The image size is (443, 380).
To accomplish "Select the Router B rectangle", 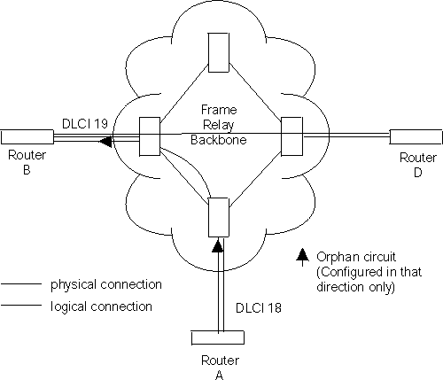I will (x=28, y=136).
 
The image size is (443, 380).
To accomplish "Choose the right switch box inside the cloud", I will (x=291, y=136).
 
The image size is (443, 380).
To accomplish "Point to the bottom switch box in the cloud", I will (x=217, y=218).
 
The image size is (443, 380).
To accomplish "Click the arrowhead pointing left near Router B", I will (x=105, y=140).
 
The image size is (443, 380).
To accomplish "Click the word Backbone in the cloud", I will (x=218, y=140).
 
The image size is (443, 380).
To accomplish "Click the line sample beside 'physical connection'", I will (x=24, y=285).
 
